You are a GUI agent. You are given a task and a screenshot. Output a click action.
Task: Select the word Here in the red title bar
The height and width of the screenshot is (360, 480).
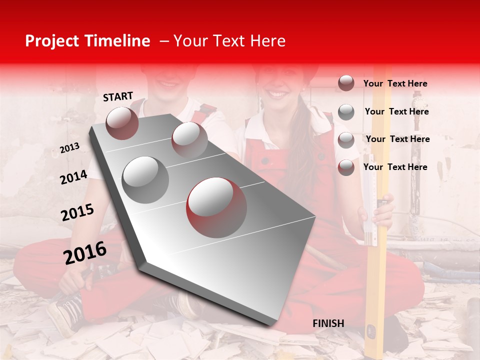point(267,41)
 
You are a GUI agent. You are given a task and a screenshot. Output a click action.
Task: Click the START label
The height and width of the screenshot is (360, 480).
point(118,96)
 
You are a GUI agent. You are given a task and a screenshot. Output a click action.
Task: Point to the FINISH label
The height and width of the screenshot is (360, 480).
point(328,323)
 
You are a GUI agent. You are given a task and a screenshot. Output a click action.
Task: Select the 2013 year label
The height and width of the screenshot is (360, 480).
point(69,148)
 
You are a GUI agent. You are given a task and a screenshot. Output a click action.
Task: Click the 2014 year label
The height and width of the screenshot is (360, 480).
point(73,177)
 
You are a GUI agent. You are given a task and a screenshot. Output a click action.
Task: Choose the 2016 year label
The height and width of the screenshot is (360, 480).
point(85,253)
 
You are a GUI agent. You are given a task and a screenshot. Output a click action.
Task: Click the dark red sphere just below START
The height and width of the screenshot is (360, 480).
point(122,123)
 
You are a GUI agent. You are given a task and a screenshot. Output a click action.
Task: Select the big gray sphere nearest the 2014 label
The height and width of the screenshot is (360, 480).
point(145,180)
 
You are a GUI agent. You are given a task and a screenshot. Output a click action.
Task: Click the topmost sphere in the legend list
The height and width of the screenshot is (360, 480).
point(346,83)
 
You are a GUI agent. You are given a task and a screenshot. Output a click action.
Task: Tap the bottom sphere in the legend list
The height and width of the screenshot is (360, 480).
point(346,167)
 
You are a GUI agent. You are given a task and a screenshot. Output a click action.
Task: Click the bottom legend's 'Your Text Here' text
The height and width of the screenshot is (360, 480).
point(395,167)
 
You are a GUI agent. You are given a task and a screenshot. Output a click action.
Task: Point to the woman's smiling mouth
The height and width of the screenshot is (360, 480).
point(278,94)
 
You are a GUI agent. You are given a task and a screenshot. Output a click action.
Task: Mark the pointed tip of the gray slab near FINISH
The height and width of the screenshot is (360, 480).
point(273,324)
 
